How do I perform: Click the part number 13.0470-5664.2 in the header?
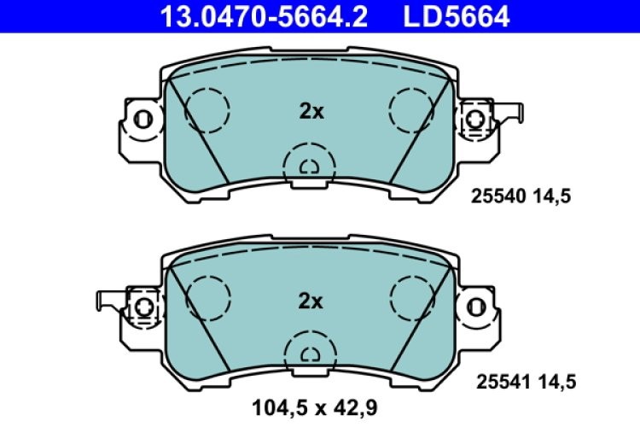pyautogui.click(x=259, y=15)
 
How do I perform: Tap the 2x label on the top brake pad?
pyautogui.click(x=311, y=110)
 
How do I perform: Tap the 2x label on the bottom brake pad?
pyautogui.click(x=311, y=301)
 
